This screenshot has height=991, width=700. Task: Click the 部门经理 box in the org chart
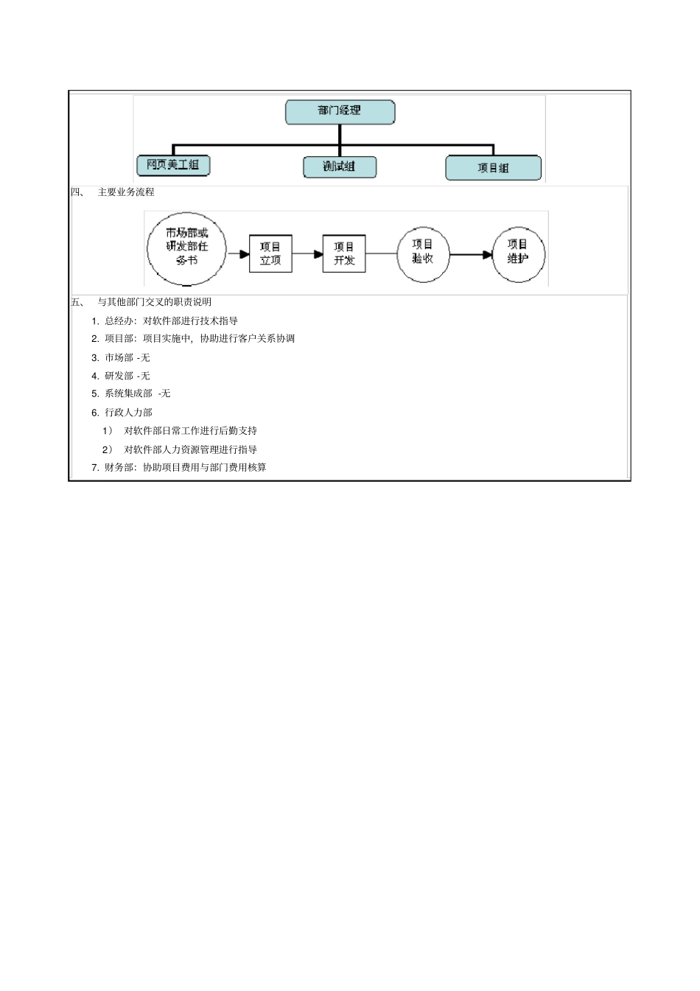click(340, 111)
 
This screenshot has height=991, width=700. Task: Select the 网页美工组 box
click(173, 165)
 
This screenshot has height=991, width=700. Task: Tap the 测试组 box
click(340, 167)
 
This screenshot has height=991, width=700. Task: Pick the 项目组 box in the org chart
click(493, 168)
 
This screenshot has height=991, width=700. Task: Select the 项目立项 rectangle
click(270, 253)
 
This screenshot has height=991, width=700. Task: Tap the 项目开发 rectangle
click(344, 253)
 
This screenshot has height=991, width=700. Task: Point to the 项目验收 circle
click(423, 254)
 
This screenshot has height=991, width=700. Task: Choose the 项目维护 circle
click(518, 254)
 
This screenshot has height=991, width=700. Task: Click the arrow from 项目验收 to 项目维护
click(471, 255)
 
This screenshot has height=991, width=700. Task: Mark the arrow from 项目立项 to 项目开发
click(307, 254)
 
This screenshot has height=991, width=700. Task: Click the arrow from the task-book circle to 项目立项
click(238, 254)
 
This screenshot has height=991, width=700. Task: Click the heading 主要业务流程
click(126, 192)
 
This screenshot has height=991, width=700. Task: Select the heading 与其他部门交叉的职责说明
click(155, 302)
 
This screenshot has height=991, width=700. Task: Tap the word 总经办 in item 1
click(119, 321)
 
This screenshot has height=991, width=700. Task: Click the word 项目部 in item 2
click(119, 339)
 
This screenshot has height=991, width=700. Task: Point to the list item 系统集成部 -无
click(137, 393)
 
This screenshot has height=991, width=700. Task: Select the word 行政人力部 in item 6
click(128, 413)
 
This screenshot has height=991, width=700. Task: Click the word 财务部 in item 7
click(119, 467)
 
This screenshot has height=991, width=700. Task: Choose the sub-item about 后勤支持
click(190, 431)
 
